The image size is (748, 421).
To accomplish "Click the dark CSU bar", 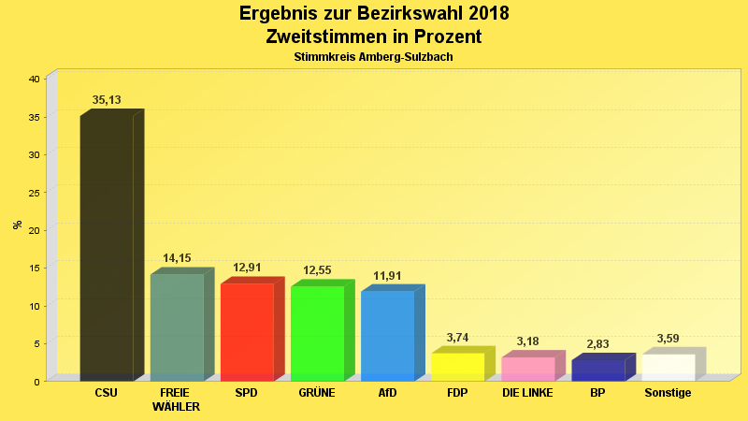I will click(107, 248).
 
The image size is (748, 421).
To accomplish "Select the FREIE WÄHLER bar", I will click(177, 327).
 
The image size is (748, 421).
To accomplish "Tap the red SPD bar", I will click(247, 331).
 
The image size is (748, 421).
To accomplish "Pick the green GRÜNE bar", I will click(317, 333).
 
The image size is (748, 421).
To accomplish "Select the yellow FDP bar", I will click(457, 366).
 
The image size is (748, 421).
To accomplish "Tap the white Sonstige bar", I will click(668, 367).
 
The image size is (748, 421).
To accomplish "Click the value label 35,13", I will click(107, 100).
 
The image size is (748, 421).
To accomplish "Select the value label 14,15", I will click(177, 258).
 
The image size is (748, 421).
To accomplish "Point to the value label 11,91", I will click(387, 275).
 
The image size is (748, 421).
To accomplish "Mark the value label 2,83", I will click(597, 344).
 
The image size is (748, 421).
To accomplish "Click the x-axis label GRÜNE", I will click(317, 393).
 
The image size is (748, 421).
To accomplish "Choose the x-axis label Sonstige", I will click(668, 393).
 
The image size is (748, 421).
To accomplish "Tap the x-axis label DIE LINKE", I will click(527, 393).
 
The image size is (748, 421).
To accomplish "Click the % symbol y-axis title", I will click(17, 225).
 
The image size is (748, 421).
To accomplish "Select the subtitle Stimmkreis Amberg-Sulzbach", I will click(373, 57).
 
